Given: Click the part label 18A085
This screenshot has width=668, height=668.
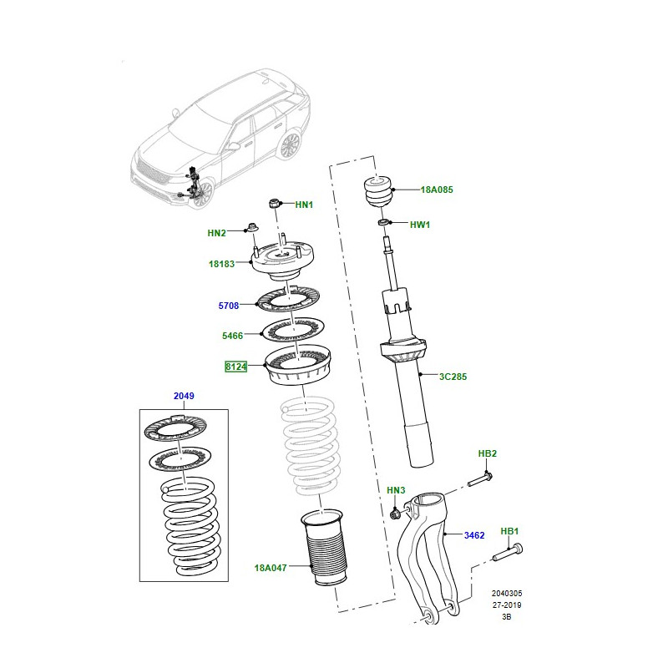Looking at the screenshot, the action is point(437,190).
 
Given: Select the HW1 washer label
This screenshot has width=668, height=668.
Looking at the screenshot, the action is point(420,225).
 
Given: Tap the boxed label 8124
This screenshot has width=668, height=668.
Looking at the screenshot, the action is point(236,367).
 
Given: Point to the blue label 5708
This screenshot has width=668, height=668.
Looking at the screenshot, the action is point(228,306).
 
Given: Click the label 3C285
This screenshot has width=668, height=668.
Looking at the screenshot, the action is point(453,377).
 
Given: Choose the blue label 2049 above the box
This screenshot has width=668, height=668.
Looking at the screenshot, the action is point(184,396).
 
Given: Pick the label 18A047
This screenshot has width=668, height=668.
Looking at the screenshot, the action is point(271,568).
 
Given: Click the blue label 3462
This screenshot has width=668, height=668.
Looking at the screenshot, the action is point(474,535).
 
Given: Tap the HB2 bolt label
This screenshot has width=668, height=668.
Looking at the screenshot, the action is point(488,453).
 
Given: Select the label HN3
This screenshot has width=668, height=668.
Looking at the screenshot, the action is point(396,490).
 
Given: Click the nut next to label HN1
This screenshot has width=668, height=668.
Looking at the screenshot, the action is point(275,204).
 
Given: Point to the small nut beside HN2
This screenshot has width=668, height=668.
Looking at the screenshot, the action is point(252,226).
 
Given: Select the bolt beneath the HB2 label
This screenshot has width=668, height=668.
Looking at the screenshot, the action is point(481,478).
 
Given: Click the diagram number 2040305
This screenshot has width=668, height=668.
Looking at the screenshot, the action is point(507,593).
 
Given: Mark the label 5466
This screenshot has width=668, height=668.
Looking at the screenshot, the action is point(233,336).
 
